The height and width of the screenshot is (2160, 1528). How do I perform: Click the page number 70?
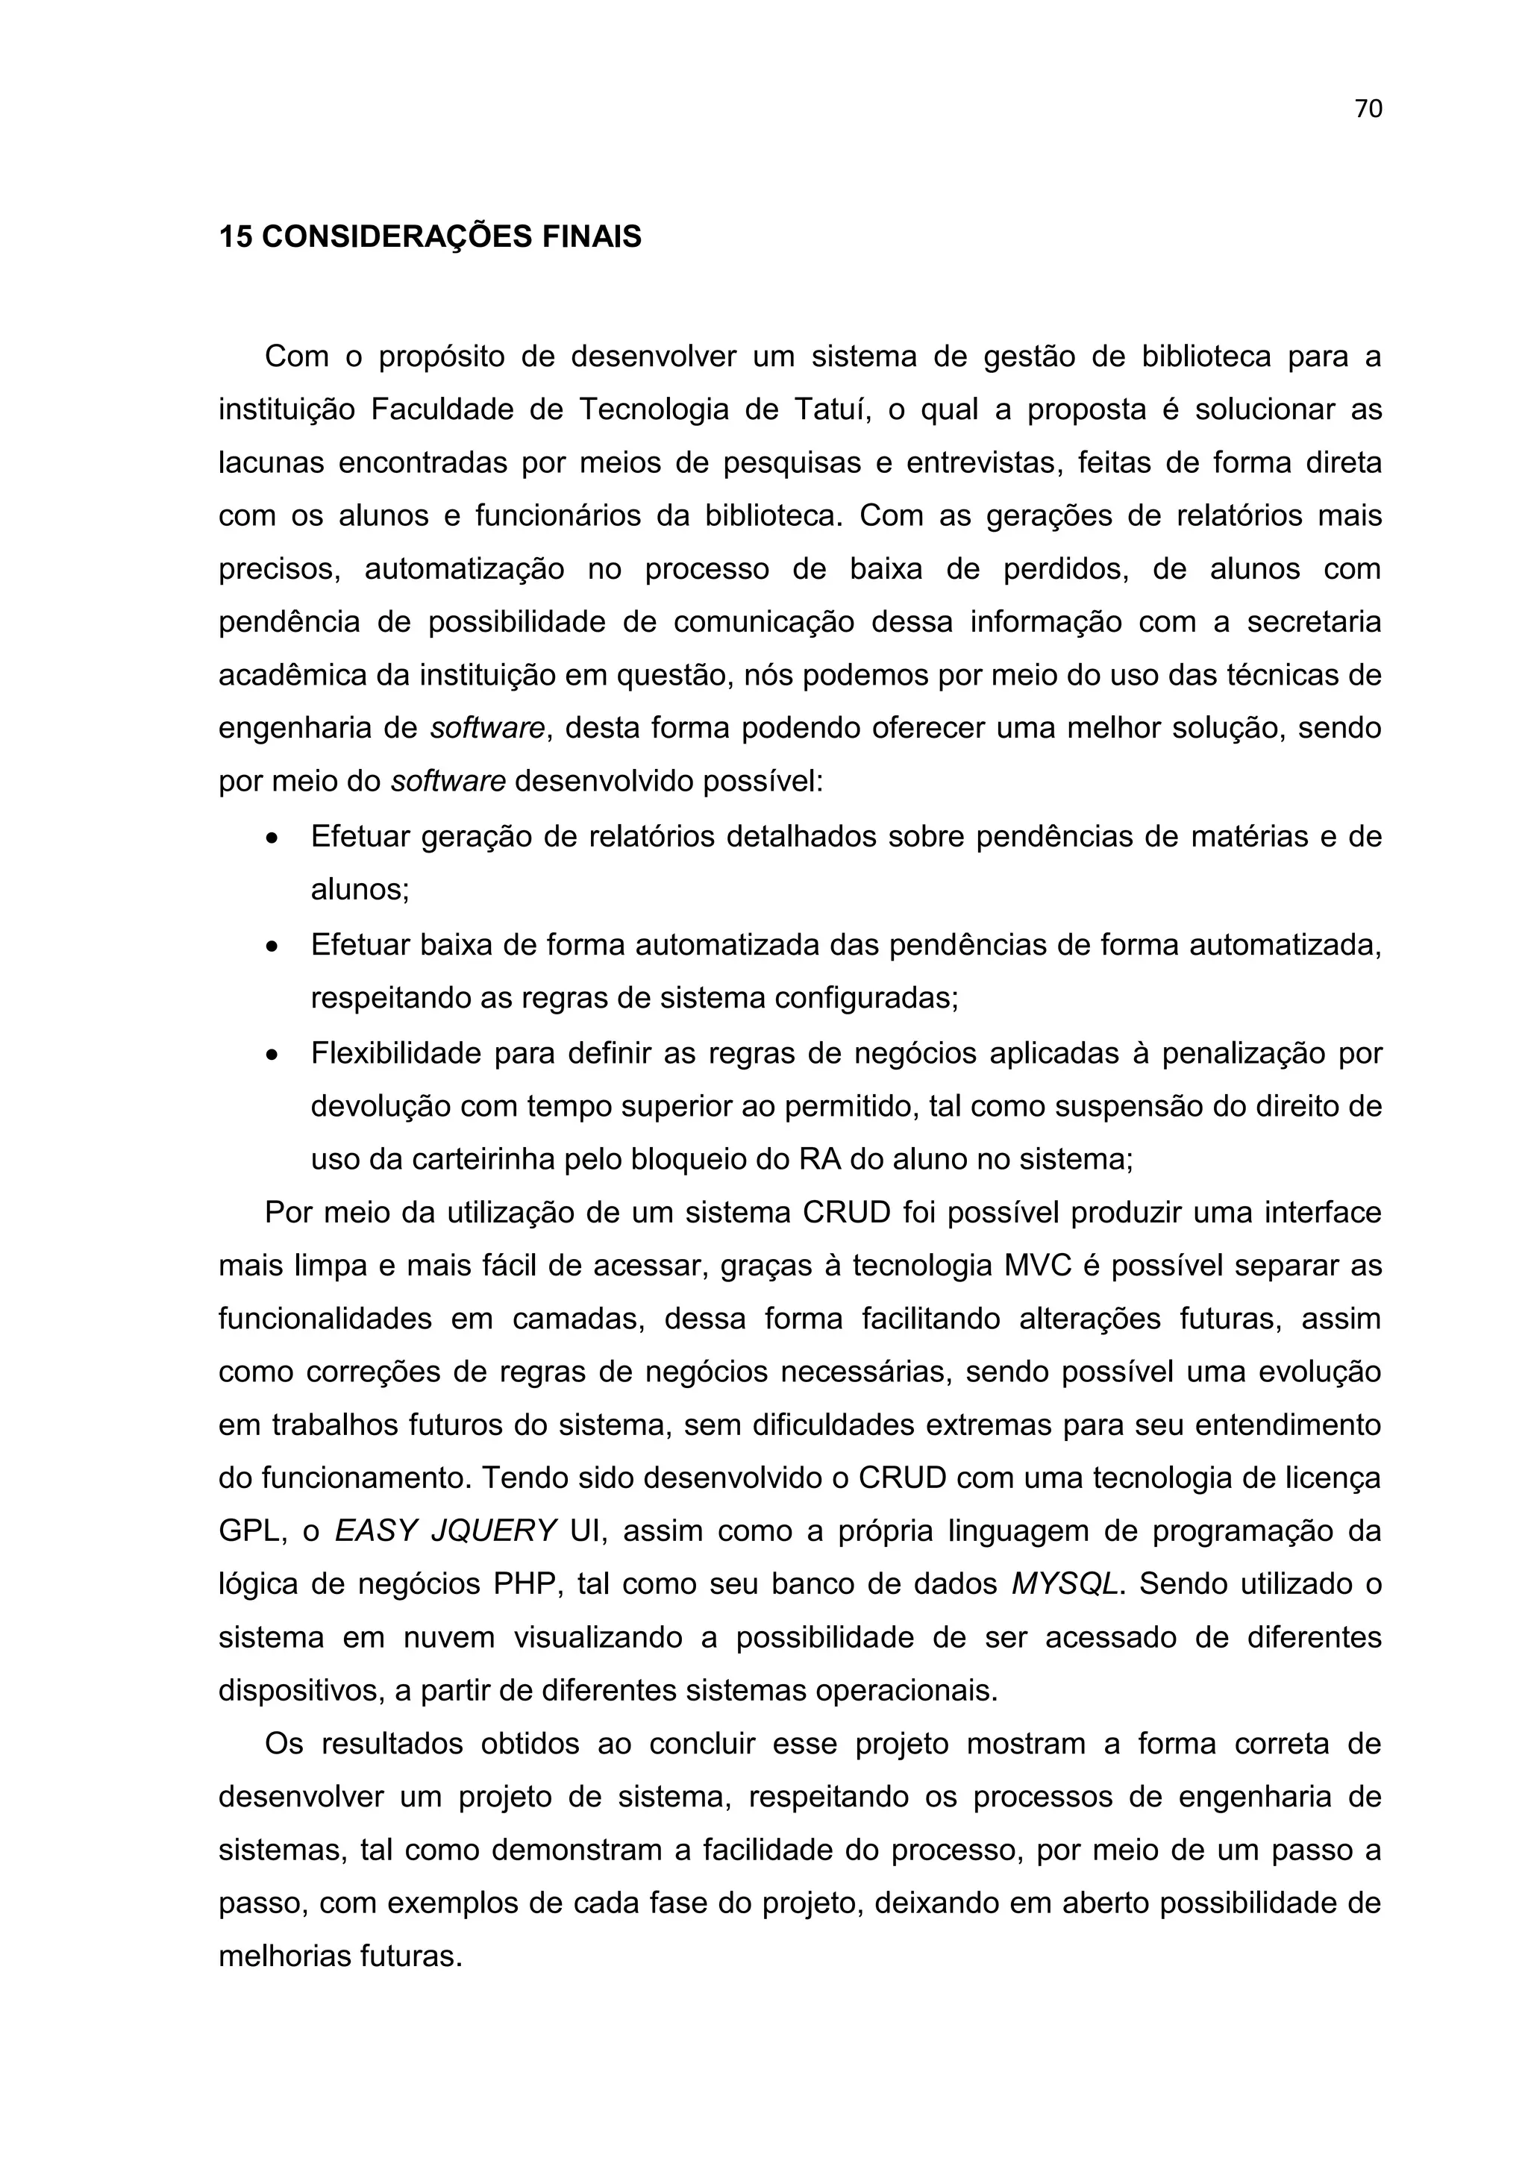1368,109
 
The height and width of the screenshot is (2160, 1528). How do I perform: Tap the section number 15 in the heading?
235,236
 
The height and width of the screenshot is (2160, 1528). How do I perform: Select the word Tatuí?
829,410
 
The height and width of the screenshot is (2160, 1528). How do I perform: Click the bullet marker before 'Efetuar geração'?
272,838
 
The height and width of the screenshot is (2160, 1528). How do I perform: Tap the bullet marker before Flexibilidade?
272,1055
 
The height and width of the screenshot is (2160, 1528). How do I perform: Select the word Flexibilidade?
396,1054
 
